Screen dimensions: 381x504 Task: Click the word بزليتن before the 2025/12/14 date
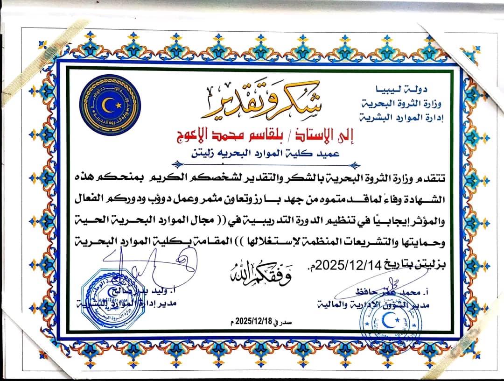coord(432,265)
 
